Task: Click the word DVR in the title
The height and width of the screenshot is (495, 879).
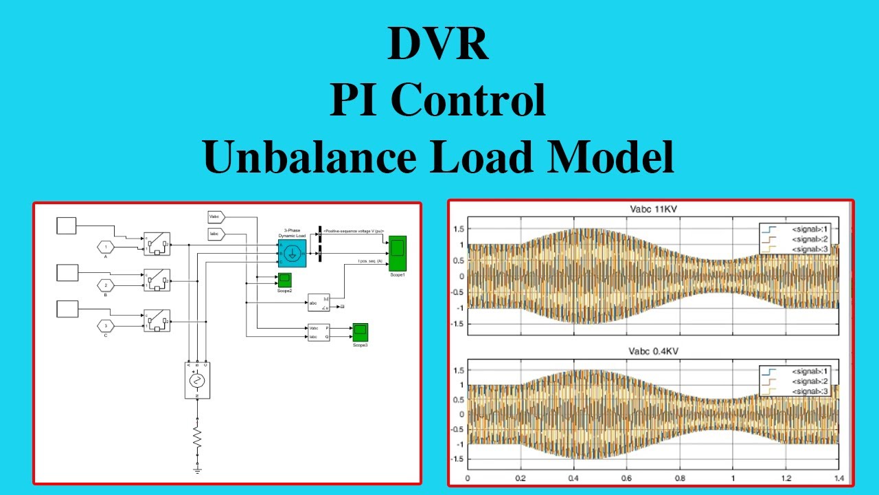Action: (x=438, y=45)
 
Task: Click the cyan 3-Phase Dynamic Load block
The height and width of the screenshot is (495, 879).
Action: (x=292, y=254)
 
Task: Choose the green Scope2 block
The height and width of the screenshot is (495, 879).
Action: (x=284, y=280)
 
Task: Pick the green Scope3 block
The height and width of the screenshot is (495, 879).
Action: (x=361, y=332)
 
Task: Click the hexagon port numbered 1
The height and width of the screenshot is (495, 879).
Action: (x=106, y=247)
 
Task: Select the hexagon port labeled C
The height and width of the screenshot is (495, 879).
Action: (x=106, y=325)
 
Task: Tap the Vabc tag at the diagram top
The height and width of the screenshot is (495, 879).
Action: (x=216, y=217)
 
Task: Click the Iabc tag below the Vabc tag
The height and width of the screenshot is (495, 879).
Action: (x=216, y=235)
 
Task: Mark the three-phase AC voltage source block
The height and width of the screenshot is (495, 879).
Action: (x=197, y=380)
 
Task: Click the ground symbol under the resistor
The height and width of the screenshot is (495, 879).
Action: (x=197, y=468)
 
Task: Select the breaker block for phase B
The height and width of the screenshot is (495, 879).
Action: (x=157, y=280)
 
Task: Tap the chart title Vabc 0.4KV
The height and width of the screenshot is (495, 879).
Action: (x=649, y=351)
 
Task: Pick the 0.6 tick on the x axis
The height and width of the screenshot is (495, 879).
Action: (x=626, y=478)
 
